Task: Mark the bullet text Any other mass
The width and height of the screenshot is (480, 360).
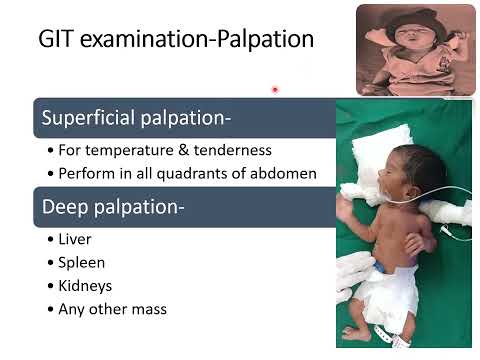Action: point(113,309)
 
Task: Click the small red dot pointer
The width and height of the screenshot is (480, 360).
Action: point(274,90)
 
